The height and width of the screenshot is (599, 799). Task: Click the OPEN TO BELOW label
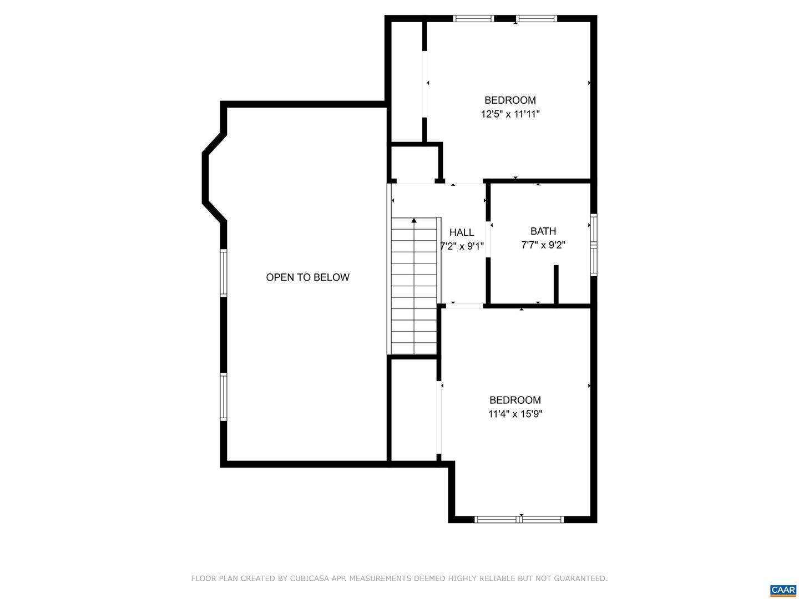[x=307, y=277]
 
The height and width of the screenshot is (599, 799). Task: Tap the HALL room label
[x=462, y=232]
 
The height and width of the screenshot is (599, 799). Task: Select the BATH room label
[x=543, y=231]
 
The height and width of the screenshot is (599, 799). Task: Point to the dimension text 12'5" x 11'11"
[x=510, y=114]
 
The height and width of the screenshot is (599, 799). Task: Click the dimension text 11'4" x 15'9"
[x=515, y=414]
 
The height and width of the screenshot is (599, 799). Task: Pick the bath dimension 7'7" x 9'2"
[x=543, y=245]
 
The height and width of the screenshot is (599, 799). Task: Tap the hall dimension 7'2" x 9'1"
[x=462, y=247]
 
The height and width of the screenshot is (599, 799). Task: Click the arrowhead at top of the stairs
[x=414, y=220]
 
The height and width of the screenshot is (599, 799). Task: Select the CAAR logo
[x=783, y=589]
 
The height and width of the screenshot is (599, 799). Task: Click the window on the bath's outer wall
[x=594, y=245]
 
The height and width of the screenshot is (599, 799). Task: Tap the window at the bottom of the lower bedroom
[x=519, y=519]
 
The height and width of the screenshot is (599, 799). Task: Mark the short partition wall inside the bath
[x=556, y=284]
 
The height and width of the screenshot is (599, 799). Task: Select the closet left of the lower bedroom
[x=414, y=410]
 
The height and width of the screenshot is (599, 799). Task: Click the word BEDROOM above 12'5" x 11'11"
[x=510, y=100]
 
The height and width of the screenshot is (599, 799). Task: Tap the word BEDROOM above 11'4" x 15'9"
[x=515, y=400]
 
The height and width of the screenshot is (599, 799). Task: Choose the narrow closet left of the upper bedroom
[x=407, y=82]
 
